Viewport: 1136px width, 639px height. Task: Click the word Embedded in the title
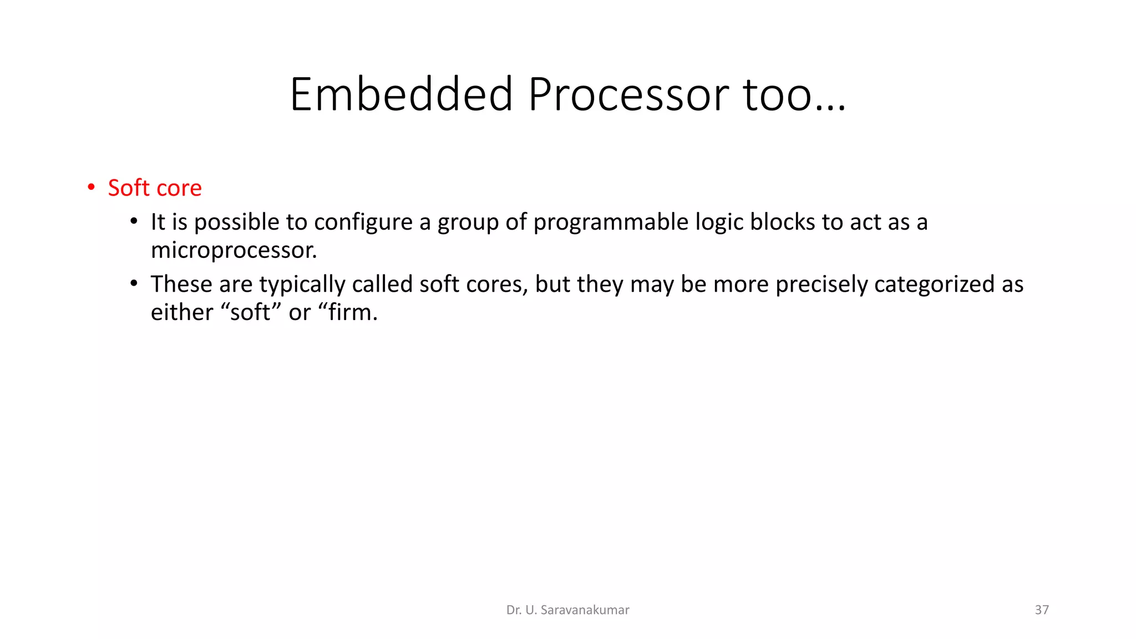point(401,95)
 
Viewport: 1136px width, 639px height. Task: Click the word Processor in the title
point(629,95)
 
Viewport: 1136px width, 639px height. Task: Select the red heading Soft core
point(155,188)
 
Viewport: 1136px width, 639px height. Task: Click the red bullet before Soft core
point(91,187)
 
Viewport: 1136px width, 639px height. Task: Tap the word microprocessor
point(234,251)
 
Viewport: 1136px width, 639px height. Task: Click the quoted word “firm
point(348,312)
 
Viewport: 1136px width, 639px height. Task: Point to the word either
point(182,312)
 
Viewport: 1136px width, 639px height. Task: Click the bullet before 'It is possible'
point(134,222)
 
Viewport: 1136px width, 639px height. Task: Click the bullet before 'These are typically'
point(134,284)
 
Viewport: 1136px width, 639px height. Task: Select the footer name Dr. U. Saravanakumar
point(567,610)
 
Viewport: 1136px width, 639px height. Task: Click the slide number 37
point(1042,610)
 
